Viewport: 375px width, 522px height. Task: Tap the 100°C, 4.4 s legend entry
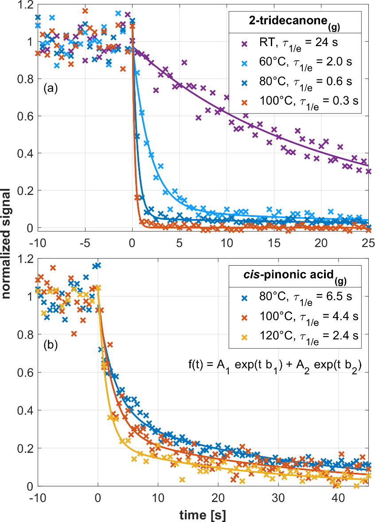coord(301,317)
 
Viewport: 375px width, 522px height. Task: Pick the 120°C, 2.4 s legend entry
coord(301,336)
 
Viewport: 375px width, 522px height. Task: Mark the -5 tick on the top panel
coord(84,243)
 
